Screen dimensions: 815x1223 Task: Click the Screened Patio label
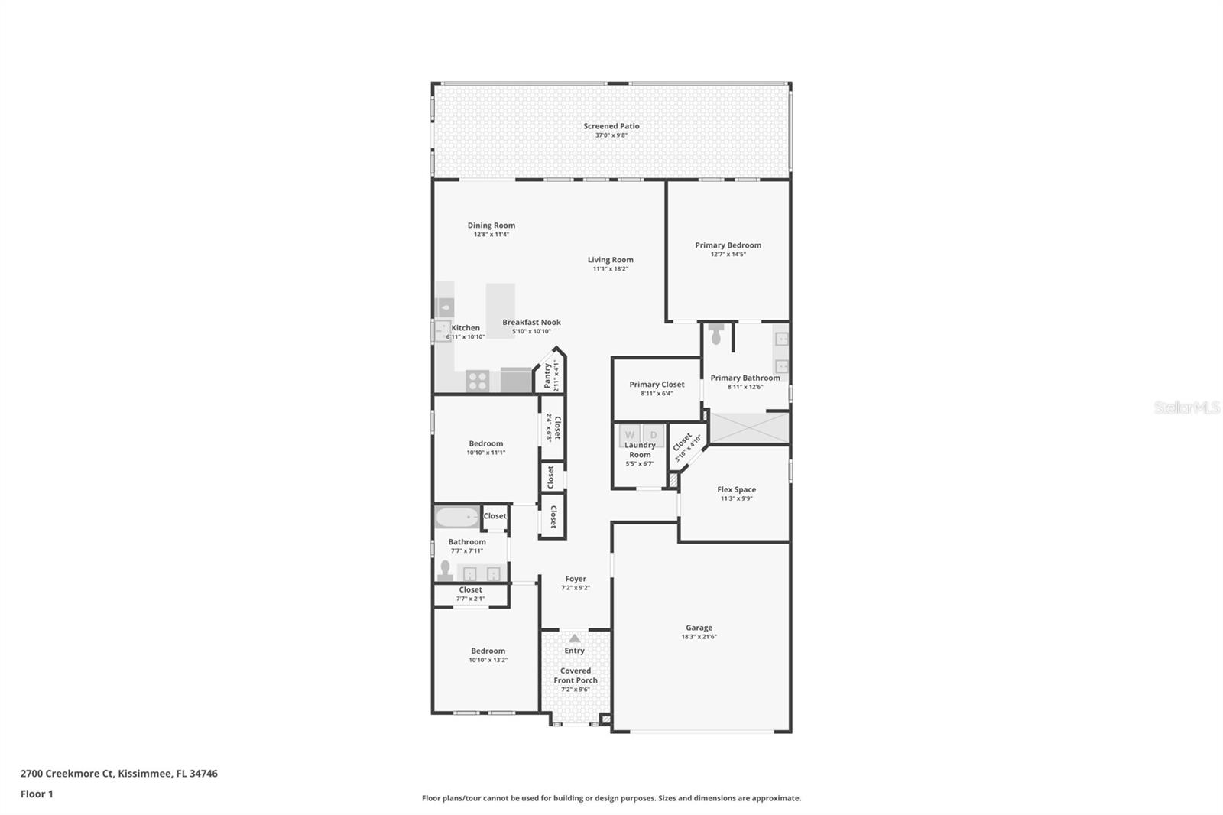(x=611, y=126)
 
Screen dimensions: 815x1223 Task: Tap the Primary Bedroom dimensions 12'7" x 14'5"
(x=728, y=255)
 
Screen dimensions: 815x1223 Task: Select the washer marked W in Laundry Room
(x=630, y=435)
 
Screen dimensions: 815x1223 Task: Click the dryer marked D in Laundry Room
(x=654, y=435)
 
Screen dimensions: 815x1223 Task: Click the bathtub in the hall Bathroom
(x=457, y=518)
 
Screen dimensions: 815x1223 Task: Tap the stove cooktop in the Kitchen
(x=478, y=380)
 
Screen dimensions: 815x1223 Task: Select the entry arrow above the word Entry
(x=574, y=638)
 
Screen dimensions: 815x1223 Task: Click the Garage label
(x=699, y=628)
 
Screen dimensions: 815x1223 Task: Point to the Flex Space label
(x=736, y=489)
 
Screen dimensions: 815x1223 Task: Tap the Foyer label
(x=576, y=579)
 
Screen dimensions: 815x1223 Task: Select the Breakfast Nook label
(x=531, y=322)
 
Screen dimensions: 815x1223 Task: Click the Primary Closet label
(x=657, y=385)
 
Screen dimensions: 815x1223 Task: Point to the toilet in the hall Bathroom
(x=445, y=570)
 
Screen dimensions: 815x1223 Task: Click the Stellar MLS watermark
(x=1186, y=408)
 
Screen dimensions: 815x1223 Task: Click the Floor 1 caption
(x=37, y=794)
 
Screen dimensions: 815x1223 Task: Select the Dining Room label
(x=491, y=226)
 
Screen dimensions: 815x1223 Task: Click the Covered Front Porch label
(x=576, y=675)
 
